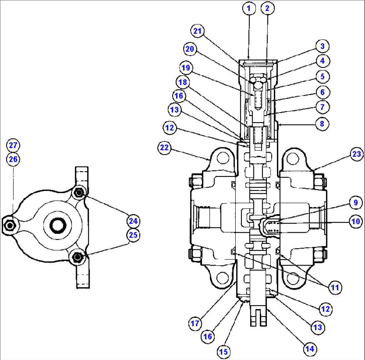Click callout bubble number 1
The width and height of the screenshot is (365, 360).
[248, 9]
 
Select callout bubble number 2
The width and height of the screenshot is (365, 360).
[267, 9]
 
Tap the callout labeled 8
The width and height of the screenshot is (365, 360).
[322, 123]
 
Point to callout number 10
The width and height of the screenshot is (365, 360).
[356, 221]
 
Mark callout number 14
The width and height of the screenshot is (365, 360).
[310, 349]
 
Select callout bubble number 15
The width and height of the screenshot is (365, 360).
[224, 352]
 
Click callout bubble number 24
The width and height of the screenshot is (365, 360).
[133, 221]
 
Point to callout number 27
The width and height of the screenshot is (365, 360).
[13, 146]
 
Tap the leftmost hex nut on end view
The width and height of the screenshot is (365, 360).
[10, 226]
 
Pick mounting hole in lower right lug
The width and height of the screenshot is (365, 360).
[293, 278]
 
